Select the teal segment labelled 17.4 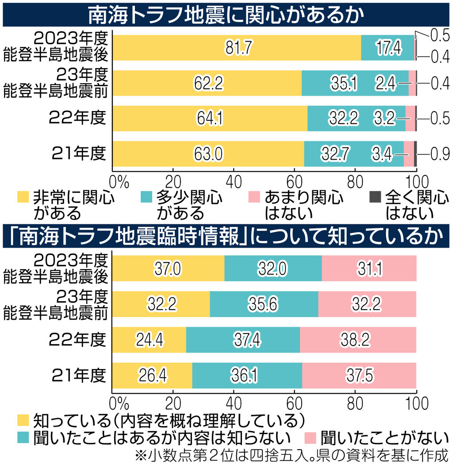388,48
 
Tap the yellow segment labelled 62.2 207,83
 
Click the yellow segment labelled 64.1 210,119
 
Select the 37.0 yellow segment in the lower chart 168,269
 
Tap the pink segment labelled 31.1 369,269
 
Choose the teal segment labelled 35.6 264,304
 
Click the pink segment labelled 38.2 358,339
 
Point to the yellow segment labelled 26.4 152,375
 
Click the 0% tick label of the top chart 118,181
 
